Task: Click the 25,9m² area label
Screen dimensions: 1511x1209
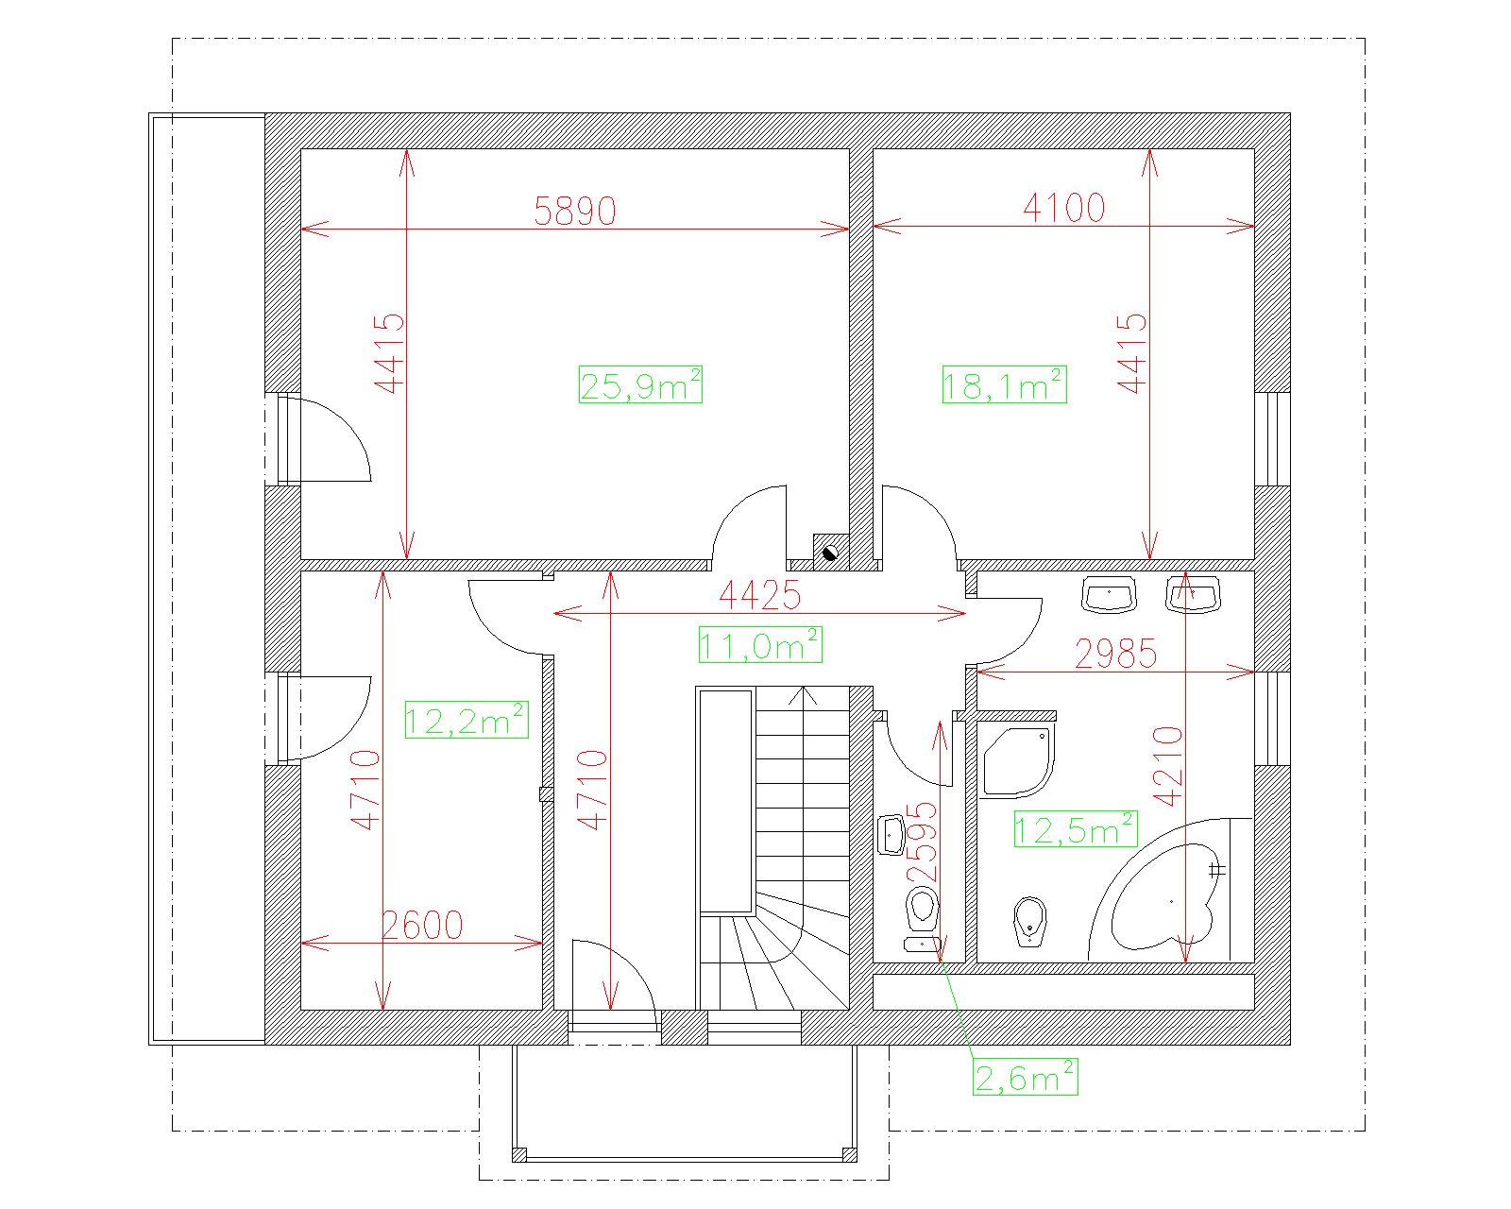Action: pyautogui.click(x=639, y=384)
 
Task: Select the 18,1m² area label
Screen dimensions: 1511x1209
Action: pyautogui.click(x=1004, y=384)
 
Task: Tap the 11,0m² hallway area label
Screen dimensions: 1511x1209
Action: pyautogui.click(x=760, y=644)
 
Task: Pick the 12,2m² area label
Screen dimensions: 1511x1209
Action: pyautogui.click(x=467, y=720)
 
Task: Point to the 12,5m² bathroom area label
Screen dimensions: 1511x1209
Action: pyautogui.click(x=1076, y=829)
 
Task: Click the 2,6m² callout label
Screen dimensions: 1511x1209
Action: pyautogui.click(x=1026, y=1077)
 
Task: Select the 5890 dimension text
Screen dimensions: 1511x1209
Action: pyautogui.click(x=575, y=210)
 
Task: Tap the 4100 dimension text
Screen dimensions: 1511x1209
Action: pyautogui.click(x=1064, y=207)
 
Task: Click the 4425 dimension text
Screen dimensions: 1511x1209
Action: pyautogui.click(x=759, y=595)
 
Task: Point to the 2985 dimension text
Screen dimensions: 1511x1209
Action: pyautogui.click(x=1115, y=654)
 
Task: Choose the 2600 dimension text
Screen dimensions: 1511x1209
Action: pyautogui.click(x=422, y=926)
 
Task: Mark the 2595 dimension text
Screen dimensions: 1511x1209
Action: pyautogui.click(x=923, y=843)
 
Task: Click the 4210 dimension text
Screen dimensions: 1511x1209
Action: pyautogui.click(x=1168, y=766)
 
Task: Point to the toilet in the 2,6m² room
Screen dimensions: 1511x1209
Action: pyautogui.click(x=922, y=909)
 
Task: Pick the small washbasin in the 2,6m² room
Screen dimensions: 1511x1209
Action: pyautogui.click(x=891, y=835)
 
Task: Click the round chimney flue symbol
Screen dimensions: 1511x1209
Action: pyautogui.click(x=830, y=553)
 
